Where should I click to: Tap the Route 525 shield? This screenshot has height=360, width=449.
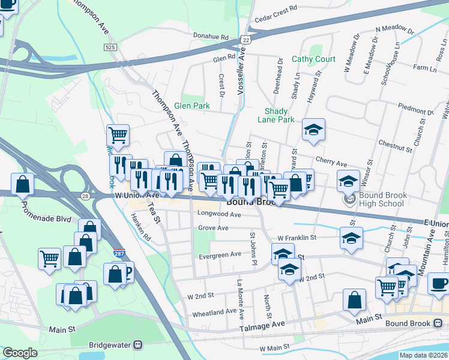tap(109, 47)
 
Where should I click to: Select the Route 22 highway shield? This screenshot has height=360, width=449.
tap(244, 39)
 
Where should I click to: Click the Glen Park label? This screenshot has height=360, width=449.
tap(191, 106)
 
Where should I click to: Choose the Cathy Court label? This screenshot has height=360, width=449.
tap(313, 59)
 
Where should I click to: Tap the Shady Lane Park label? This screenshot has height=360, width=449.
tap(280, 115)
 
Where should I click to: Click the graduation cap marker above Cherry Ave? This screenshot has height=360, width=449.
tap(313, 130)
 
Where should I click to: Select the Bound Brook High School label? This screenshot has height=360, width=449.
tap(383, 200)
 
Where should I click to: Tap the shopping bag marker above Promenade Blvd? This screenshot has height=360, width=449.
tap(22, 184)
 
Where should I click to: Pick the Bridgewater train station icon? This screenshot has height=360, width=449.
tap(139, 344)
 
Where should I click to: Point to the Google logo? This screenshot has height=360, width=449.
tap(20, 353)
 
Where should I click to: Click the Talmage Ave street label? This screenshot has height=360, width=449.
tap(262, 324)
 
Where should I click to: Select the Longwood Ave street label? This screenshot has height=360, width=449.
tap(219, 214)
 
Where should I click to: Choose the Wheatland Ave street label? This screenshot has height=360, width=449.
tap(214, 313)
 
